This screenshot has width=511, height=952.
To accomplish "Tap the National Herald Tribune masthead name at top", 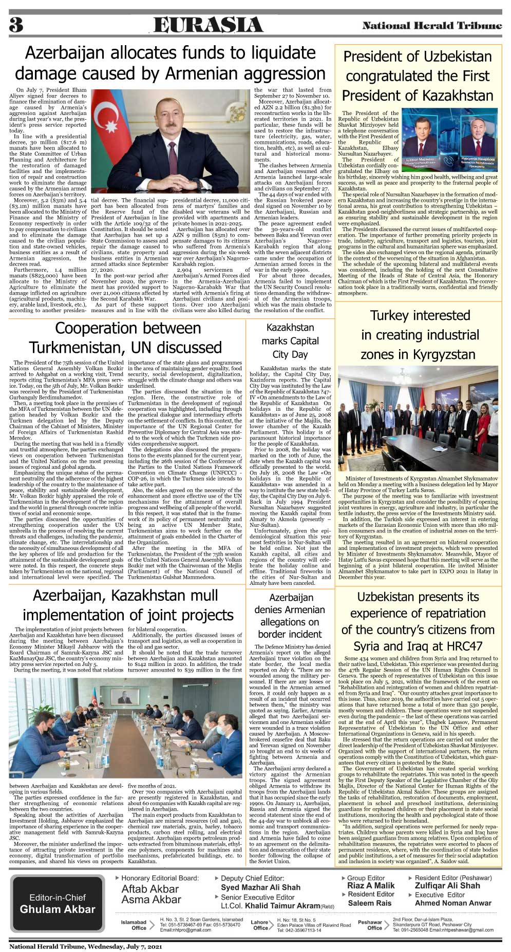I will coord(432,26).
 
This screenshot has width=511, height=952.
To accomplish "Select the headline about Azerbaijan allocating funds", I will coord(171,63).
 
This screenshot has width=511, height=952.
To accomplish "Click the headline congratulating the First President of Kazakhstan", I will coord(418,76).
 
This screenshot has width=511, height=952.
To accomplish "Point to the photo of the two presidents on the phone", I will coord(449,140).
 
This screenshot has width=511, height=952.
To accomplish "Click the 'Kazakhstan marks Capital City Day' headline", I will coord(290,341).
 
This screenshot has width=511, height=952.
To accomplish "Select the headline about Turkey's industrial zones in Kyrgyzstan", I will coord(420,335).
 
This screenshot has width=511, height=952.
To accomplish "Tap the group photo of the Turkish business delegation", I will coord(418,418).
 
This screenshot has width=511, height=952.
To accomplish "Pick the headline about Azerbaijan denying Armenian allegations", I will coord(290,616).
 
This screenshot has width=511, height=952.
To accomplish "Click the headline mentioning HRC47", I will coord(418,621).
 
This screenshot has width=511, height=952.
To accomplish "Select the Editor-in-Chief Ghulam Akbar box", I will coord(58,903).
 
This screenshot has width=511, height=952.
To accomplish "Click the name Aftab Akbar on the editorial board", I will coord(150,889).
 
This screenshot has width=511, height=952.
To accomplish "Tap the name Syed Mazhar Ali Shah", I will coord(260,887).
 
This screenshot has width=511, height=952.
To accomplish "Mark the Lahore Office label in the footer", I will coord(260,925).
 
